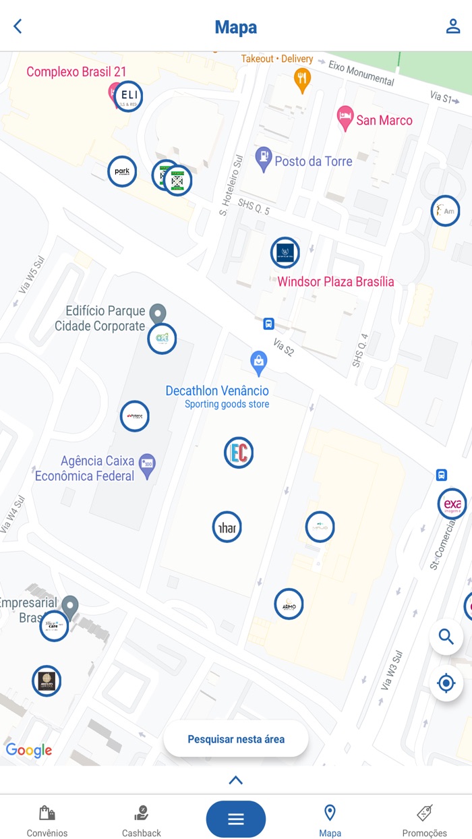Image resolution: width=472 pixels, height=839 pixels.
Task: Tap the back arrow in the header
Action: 18,26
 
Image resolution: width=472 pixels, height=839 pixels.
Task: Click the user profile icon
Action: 452,26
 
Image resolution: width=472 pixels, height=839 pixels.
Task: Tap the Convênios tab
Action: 47,820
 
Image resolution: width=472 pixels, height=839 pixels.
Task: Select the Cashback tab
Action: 142,820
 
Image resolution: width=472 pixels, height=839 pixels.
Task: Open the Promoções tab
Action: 425,820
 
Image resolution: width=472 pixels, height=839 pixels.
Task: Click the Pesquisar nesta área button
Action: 236,739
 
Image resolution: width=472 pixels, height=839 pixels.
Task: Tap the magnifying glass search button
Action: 446,637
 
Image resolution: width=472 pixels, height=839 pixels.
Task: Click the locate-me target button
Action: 446,683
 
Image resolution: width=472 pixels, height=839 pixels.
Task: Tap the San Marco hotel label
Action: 384,121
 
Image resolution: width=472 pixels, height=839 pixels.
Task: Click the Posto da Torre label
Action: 313,161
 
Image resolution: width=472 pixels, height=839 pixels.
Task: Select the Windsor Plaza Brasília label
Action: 336,282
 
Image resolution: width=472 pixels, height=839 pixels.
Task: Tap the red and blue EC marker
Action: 239,452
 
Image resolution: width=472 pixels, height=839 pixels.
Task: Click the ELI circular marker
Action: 128,96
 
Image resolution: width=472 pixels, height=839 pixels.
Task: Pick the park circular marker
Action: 122,172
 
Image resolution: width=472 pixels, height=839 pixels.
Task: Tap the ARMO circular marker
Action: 289,604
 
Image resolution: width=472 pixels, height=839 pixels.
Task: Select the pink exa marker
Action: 452,504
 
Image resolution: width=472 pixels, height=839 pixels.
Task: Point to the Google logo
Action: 29,750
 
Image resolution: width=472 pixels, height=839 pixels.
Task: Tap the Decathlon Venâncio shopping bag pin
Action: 258,362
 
